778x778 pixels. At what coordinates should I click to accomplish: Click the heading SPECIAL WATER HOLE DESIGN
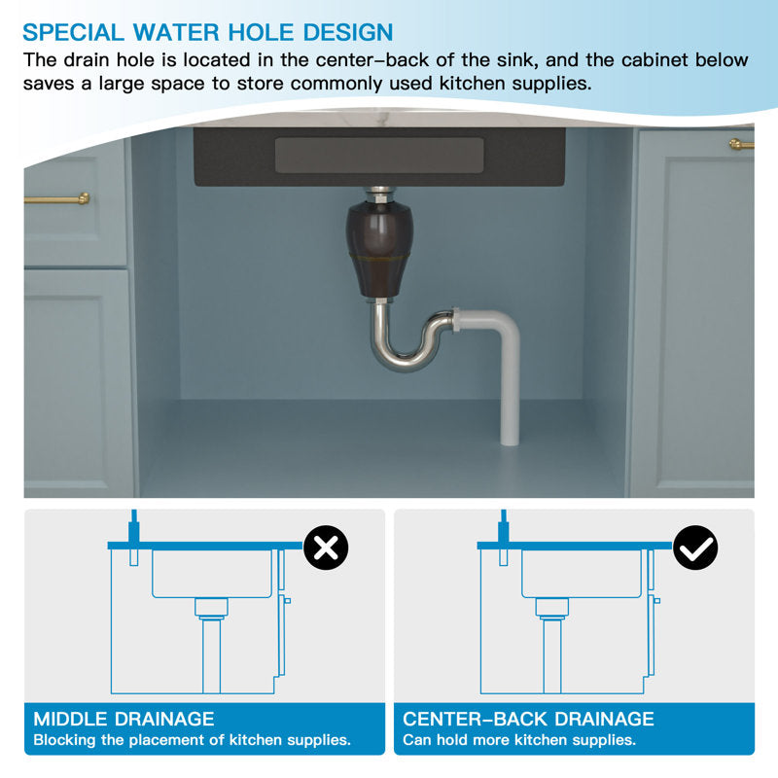[208, 33]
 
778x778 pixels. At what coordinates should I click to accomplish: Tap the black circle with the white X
[326, 548]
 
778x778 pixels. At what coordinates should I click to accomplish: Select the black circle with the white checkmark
[695, 548]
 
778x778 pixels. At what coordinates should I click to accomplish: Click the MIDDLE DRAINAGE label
[124, 719]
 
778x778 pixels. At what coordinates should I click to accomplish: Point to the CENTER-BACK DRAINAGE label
[528, 719]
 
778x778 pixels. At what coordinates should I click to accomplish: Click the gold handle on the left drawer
[56, 199]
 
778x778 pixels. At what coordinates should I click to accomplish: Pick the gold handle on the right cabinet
[742, 144]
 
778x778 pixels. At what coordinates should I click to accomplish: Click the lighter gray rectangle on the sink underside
[379, 156]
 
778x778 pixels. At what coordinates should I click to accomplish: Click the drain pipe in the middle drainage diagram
[211, 654]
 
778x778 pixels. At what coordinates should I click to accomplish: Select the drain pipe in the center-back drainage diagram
[552, 654]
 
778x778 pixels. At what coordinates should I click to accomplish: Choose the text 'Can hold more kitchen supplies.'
[519, 740]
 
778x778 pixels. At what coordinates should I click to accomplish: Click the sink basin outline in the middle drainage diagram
[212, 574]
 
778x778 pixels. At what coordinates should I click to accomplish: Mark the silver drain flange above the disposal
[379, 194]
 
